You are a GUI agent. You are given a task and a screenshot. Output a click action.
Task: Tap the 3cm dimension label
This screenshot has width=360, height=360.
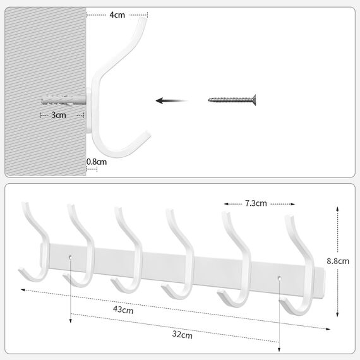click(58, 116)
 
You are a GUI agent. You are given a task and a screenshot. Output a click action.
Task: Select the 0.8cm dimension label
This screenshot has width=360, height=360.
click(97, 162)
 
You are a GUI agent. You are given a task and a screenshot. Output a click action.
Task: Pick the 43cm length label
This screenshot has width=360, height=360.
click(123, 310)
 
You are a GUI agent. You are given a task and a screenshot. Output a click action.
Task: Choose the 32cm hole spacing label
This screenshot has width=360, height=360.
click(183, 335)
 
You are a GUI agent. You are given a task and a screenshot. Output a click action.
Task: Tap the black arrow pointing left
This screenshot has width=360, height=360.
click(172, 100)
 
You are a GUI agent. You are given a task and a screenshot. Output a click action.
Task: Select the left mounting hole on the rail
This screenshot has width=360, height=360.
click(71, 257)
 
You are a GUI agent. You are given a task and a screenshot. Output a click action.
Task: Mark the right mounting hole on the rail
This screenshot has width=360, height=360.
click(279, 277)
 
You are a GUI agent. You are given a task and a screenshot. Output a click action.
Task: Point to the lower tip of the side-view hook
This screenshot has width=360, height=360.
click(147, 134)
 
